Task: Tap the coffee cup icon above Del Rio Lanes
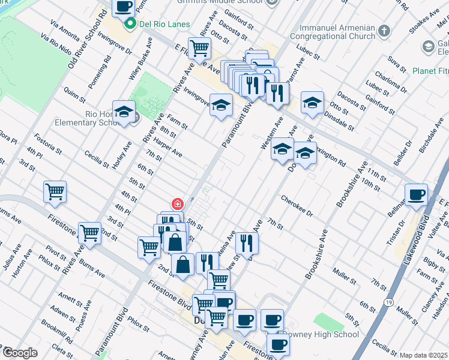[x=123, y=7]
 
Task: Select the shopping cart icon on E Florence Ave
[x=199, y=47]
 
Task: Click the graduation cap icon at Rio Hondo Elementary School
[x=124, y=112]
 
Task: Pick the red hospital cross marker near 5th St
[x=177, y=204]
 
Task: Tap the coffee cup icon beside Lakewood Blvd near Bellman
[x=416, y=195]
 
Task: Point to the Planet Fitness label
[x=430, y=71]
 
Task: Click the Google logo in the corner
[x=20, y=353]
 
